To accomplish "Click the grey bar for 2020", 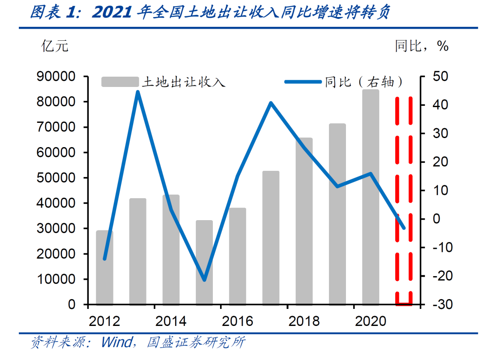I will coord(371,197).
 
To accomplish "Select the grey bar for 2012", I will coord(104,268).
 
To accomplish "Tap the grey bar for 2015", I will coord(204,262).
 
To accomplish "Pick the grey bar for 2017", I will coord(271,238).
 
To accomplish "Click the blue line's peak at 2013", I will coord(138,92).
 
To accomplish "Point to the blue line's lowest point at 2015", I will coord(204,280).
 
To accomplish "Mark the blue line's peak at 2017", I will coord(271,103).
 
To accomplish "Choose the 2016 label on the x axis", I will coord(237,321).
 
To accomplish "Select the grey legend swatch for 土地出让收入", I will coord(120,82).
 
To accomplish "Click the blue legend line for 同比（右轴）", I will coord(303,82).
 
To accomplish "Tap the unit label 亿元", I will coord(55,46).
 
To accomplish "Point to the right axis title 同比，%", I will coord(421,46).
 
